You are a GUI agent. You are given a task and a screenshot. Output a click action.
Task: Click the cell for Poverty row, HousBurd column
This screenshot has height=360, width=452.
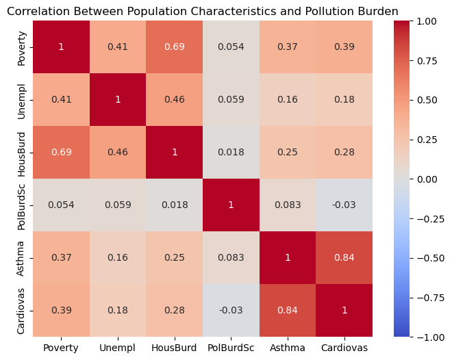pos(174,47)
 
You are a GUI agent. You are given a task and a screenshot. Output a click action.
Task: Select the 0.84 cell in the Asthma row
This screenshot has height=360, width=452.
pos(344,257)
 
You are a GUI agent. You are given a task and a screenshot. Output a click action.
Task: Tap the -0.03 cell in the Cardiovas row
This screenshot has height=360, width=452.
pos(230,310)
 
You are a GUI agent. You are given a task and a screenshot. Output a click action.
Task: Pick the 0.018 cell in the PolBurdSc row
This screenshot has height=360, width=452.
pos(174,205)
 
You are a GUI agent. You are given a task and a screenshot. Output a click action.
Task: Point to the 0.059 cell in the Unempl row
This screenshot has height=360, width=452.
pos(230,100)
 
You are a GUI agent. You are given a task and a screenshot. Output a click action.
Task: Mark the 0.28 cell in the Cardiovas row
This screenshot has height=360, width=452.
pos(174,310)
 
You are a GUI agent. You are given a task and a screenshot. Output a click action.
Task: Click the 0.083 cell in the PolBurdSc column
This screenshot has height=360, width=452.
pos(230,257)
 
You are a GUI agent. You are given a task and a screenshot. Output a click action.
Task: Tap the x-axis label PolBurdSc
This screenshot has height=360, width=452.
pos(230,348)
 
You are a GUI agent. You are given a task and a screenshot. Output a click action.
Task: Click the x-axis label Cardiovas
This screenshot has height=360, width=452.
pos(344,348)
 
